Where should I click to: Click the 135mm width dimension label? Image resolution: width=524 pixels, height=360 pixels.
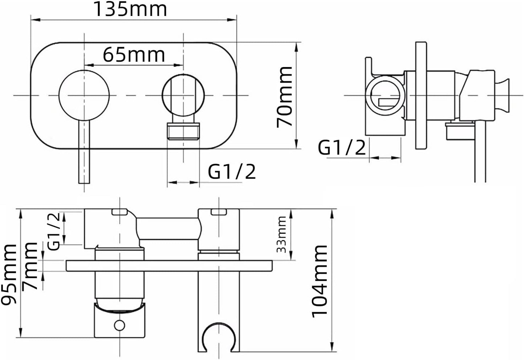(130, 9)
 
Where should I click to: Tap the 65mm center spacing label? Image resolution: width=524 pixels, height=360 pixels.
(134, 55)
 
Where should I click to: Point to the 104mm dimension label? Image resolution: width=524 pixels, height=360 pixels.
(319, 281)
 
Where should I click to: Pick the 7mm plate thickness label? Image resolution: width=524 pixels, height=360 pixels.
(30, 266)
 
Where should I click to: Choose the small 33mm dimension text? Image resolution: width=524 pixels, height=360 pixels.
(281, 235)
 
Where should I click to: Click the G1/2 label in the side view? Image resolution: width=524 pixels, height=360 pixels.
(342, 148)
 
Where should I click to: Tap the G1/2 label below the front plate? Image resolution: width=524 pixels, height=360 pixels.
(232, 172)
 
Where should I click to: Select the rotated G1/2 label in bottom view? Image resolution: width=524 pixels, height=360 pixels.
(54, 231)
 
